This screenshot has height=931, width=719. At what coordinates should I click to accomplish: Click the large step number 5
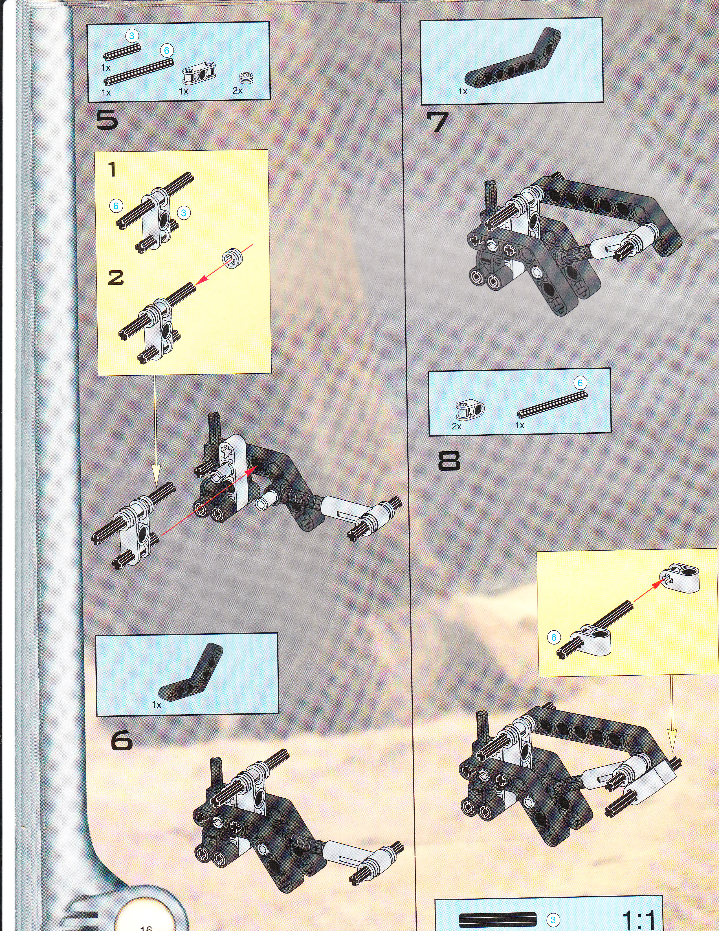pos(107,121)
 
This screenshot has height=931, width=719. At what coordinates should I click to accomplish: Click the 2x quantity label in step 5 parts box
pos(238,91)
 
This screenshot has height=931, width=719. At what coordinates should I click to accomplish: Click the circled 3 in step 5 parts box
pos(132,36)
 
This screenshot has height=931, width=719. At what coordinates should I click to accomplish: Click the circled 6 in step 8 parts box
pos(580,383)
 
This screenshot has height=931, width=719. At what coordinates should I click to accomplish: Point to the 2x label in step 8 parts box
pos(456,426)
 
